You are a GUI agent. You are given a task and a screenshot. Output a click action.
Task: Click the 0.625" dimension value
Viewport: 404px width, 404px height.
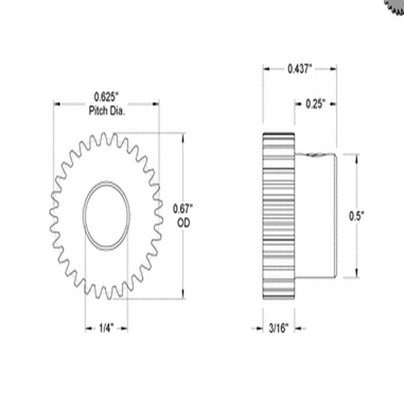click(107, 99)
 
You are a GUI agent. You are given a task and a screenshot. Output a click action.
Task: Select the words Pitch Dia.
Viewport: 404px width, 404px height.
click(107, 111)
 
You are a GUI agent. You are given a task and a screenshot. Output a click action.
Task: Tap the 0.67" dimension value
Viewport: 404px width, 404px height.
click(183, 208)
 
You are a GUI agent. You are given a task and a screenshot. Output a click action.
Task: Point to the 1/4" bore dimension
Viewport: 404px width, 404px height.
click(105, 328)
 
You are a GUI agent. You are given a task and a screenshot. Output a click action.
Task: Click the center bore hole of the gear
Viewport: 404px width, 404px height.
click(106, 214)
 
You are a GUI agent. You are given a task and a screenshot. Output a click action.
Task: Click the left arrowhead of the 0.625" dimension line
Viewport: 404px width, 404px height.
click(57, 103)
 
